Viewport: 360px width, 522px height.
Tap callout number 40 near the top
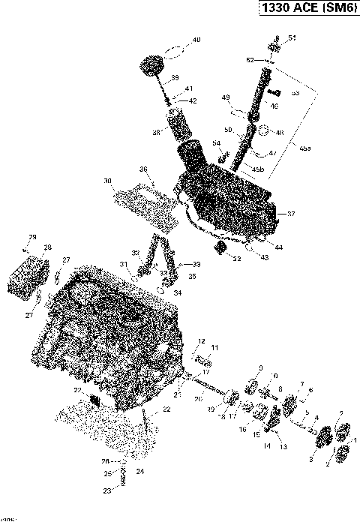pos(196,40)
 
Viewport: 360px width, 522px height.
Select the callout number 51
pos(292,37)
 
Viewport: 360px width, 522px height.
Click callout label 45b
pos(257,169)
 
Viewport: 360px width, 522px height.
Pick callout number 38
pos(157,132)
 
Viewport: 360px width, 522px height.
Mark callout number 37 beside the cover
pos(292,214)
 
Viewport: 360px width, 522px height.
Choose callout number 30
pos(108,181)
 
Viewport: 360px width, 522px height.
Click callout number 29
pos(32,236)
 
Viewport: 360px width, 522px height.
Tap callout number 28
pos(47,247)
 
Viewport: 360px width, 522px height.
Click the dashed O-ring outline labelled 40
pos(173,52)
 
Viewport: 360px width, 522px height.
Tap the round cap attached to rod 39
pos(153,64)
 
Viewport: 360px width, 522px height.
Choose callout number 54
pos(216,142)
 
